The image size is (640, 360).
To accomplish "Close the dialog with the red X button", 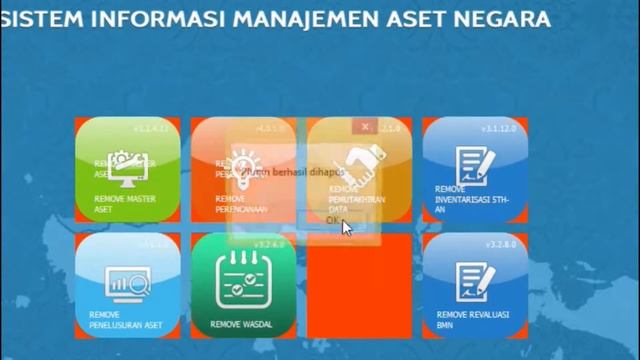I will click(365, 127).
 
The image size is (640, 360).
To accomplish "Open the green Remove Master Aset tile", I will click(128, 170).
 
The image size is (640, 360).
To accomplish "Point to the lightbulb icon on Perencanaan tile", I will click(243, 165).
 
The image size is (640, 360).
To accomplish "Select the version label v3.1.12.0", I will click(497, 129).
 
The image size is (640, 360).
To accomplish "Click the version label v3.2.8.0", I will click(500, 244).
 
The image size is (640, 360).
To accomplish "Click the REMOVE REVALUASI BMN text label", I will click(472, 319).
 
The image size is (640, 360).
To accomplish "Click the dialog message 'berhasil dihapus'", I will click(300, 172).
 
